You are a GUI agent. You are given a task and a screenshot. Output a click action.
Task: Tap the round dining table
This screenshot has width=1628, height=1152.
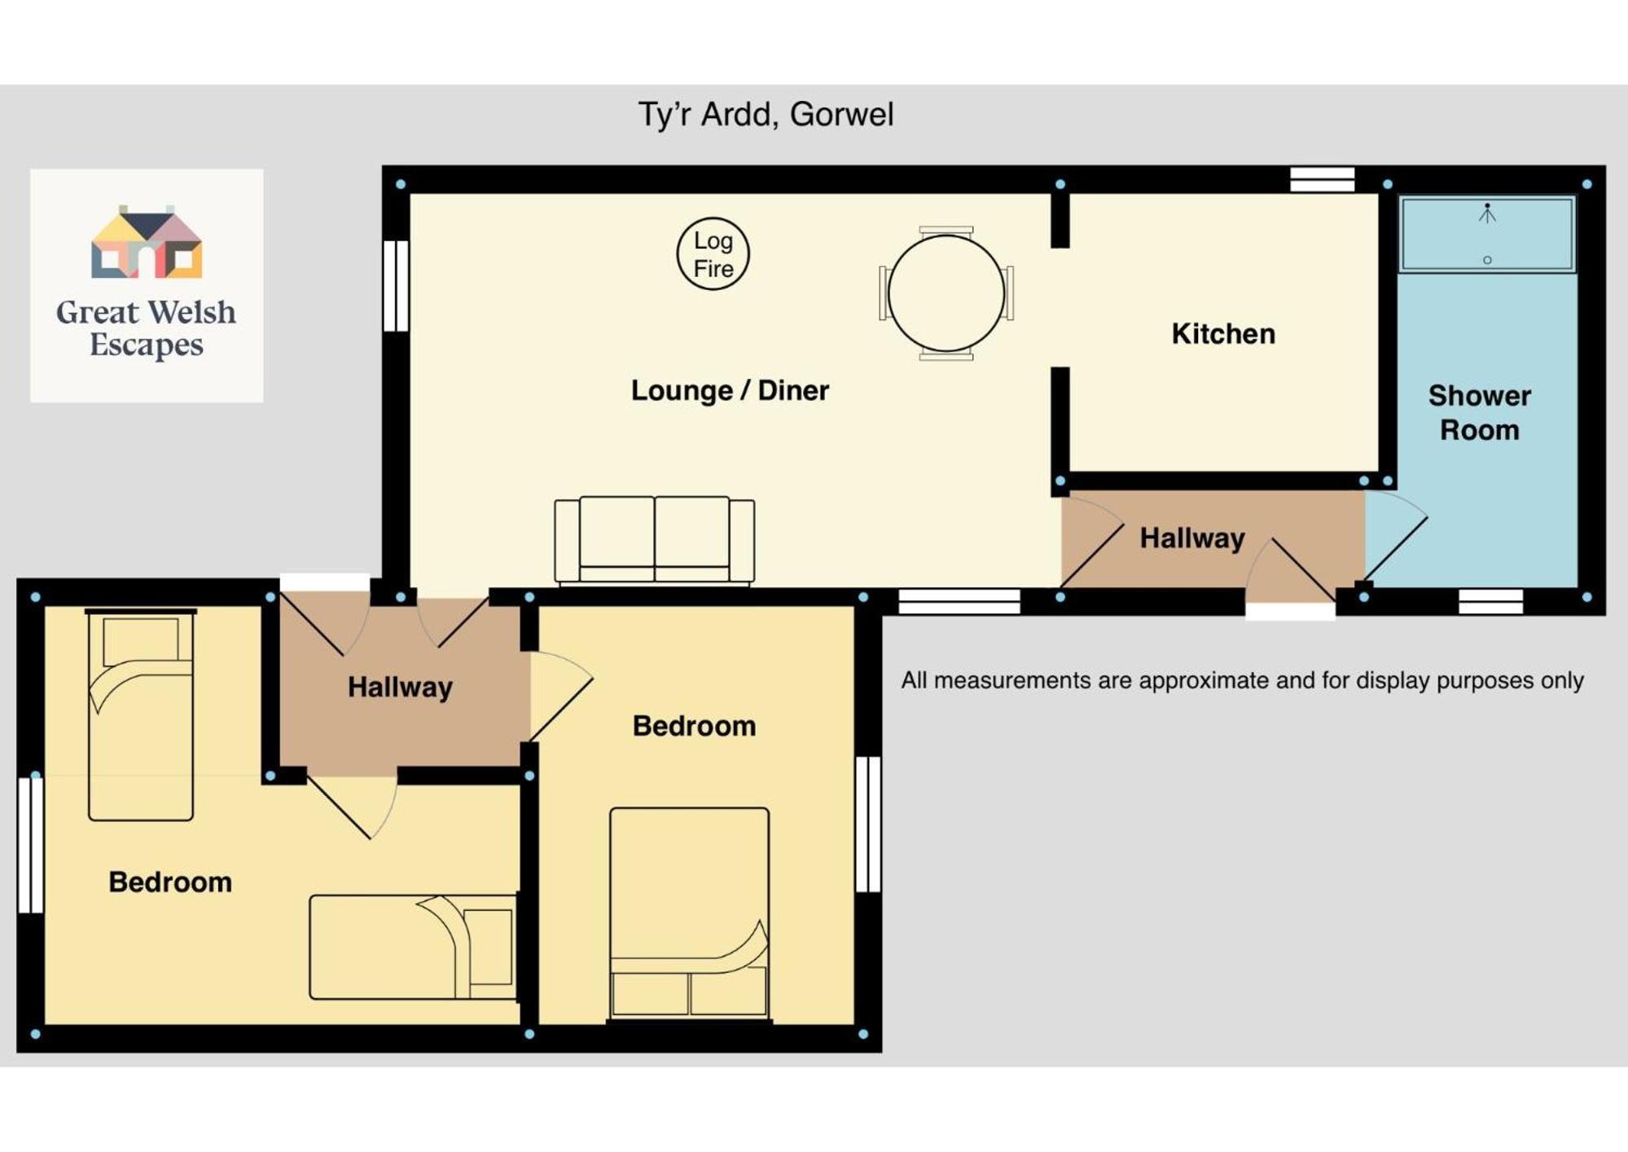click(x=946, y=293)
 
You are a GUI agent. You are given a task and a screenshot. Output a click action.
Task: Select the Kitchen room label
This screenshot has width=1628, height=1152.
click(x=1223, y=334)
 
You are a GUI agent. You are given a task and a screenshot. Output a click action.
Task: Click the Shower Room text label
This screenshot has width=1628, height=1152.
click(x=1480, y=412)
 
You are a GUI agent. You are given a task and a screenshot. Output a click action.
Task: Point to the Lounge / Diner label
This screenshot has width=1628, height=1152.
click(x=730, y=390)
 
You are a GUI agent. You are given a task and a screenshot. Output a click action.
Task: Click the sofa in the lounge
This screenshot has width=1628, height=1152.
click(x=655, y=541)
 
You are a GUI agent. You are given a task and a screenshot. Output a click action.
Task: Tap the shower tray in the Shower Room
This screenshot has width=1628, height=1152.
click(x=1487, y=234)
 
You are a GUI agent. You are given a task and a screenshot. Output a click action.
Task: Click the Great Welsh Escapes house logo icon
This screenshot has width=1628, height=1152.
click(x=147, y=242)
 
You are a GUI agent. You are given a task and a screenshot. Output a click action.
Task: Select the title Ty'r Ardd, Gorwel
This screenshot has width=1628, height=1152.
click(x=766, y=115)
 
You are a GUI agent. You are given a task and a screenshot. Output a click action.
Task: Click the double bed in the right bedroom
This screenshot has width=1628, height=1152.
click(x=689, y=913)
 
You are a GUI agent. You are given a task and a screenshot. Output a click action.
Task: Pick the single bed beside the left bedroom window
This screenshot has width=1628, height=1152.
click(x=140, y=715)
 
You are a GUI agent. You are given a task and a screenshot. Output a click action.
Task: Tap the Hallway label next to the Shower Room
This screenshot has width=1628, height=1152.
click(x=1192, y=539)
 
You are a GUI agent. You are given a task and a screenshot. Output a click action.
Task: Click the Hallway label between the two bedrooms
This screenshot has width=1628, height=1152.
click(x=400, y=688)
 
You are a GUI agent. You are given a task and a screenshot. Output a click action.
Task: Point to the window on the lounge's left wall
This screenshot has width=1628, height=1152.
click(x=396, y=285)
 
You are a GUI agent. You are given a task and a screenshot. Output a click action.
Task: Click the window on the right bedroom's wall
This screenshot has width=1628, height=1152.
click(x=868, y=824)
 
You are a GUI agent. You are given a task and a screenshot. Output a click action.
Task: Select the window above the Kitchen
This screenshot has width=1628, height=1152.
click(x=1323, y=179)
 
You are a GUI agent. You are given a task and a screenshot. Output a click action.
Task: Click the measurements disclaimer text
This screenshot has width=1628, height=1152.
click(x=1242, y=680)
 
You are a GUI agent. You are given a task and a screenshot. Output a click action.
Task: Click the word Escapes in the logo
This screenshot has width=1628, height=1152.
click(x=147, y=345)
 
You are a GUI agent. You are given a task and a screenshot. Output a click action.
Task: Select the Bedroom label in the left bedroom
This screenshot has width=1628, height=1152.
click(x=170, y=882)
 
